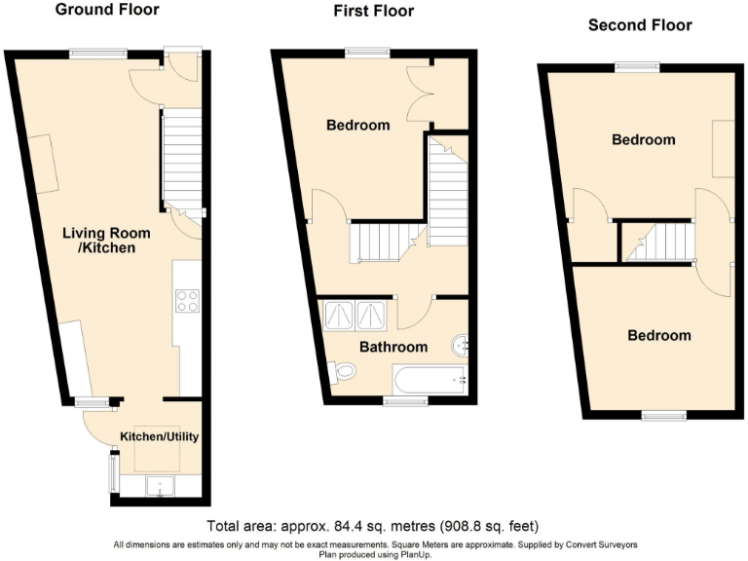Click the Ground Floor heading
[x=107, y=10]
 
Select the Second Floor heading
[x=640, y=24]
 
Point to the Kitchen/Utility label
[x=159, y=436]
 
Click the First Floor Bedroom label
[x=357, y=125]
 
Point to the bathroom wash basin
[x=463, y=344]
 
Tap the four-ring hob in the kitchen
[x=187, y=300]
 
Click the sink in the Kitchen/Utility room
[x=158, y=487]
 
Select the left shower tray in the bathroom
[x=338, y=315]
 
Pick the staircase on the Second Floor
[x=656, y=242]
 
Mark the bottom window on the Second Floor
[x=663, y=416]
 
